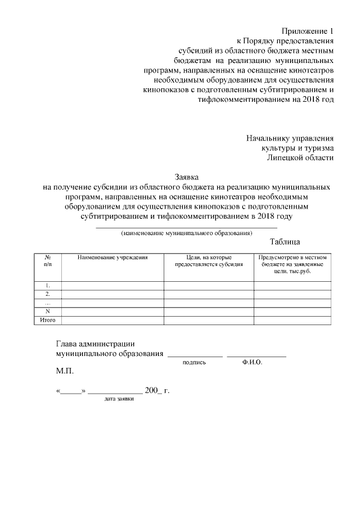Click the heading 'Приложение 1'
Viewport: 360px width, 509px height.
[x=307, y=31]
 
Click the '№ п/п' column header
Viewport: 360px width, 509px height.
[x=47, y=260]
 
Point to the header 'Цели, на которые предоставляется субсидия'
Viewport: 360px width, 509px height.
[x=209, y=260]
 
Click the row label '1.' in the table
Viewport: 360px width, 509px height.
[x=47, y=285]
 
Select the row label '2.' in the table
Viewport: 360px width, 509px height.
[x=47, y=294]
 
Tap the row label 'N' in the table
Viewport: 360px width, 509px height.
[x=47, y=311]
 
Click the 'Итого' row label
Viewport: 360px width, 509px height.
[x=47, y=320]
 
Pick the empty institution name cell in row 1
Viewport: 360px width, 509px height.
[x=112, y=285]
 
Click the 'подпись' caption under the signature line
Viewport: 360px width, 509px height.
[x=195, y=363]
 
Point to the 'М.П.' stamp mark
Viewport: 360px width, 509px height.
[x=65, y=372]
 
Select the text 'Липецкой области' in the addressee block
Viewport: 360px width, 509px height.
[x=300, y=157]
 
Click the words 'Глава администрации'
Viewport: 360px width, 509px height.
[x=96, y=344]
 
